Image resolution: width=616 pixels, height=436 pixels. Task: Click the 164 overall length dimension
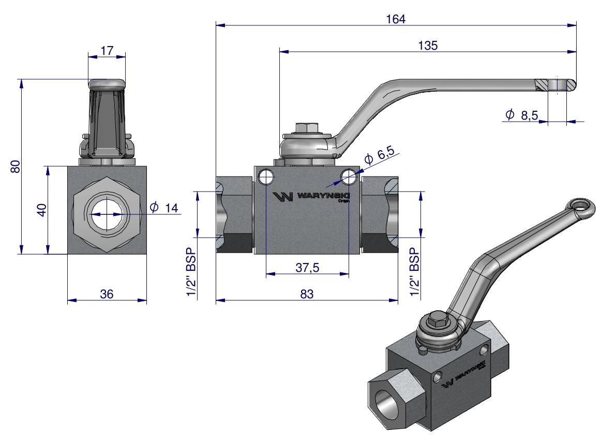point(396,19)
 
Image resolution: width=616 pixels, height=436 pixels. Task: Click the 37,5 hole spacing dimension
point(307,268)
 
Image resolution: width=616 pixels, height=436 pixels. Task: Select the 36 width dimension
point(107,294)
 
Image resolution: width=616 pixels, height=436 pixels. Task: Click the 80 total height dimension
point(16,167)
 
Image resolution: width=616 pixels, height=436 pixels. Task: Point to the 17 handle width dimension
point(107,51)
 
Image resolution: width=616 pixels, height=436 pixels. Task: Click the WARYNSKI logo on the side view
point(310,197)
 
